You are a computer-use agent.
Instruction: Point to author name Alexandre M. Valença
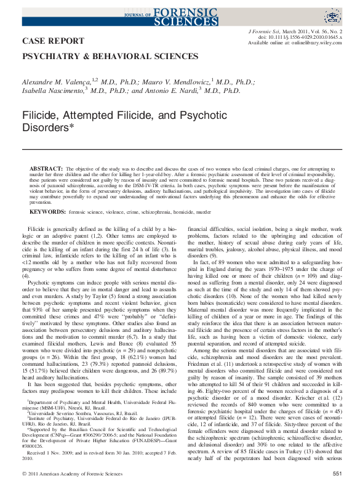pos(57,81)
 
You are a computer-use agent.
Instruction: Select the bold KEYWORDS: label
pos(48,211)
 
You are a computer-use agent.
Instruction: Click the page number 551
pos(337,473)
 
